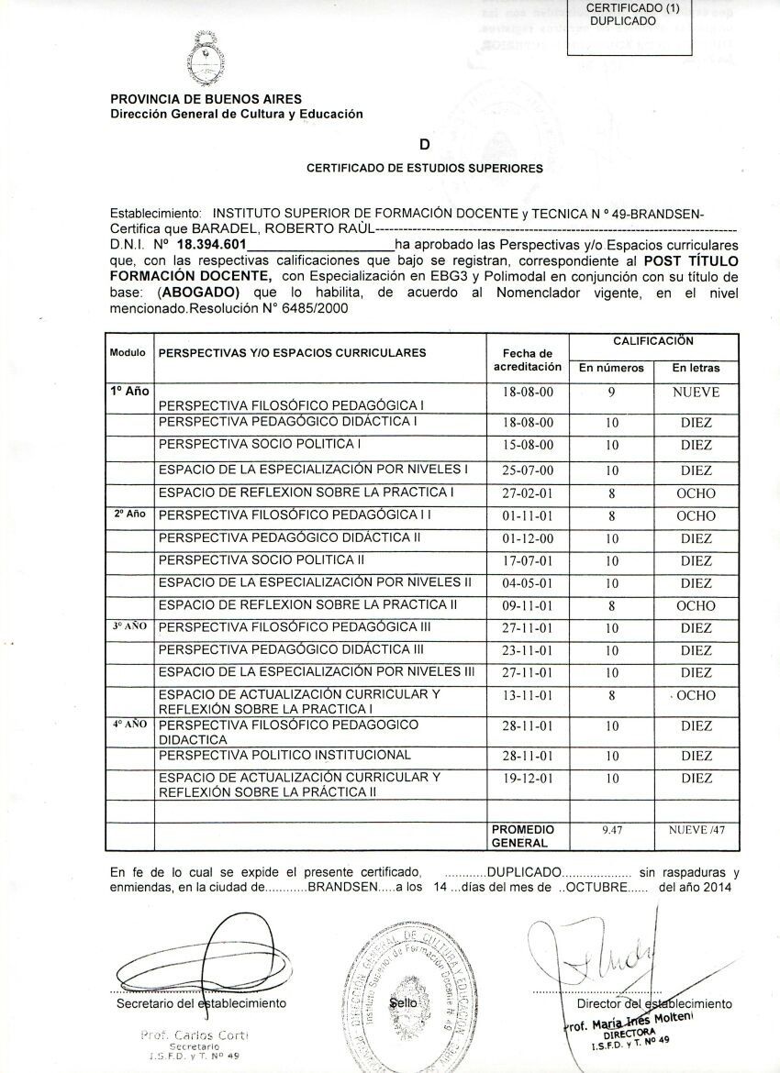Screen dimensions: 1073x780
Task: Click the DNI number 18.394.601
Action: (210, 246)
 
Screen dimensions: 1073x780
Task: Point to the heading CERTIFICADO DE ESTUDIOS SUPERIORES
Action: (424, 169)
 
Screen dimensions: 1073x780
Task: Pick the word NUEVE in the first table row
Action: (696, 393)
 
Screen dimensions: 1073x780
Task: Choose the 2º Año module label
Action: (129, 514)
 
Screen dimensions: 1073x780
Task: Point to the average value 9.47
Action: (611, 829)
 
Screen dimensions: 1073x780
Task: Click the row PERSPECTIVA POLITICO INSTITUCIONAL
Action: (284, 755)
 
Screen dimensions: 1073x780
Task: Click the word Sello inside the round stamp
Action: (404, 1004)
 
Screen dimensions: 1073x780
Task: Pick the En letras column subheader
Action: (696, 369)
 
